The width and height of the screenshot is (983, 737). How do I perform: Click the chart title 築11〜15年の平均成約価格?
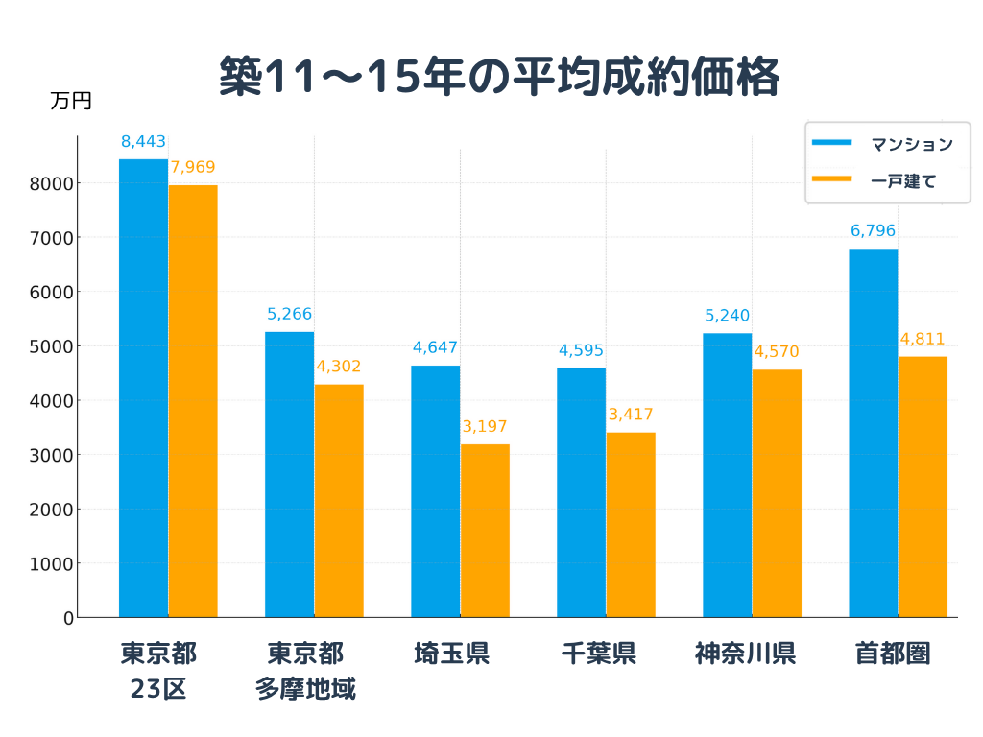click(498, 77)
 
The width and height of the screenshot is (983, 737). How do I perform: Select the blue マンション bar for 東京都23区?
click(143, 388)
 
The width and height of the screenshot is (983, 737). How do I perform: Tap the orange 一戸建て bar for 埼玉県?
click(485, 531)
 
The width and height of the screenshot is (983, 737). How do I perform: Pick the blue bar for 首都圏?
click(873, 433)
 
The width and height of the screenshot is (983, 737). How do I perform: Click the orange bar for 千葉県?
click(631, 525)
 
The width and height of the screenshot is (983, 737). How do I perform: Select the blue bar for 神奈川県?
click(727, 475)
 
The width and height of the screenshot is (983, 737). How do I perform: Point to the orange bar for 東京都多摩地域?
click(339, 501)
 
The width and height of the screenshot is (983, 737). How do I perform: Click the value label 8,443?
click(143, 142)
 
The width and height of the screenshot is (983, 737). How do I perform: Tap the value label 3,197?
click(485, 427)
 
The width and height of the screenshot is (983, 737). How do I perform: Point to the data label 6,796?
click(873, 231)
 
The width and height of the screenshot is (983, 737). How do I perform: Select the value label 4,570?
click(777, 352)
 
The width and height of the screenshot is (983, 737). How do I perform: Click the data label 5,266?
click(289, 314)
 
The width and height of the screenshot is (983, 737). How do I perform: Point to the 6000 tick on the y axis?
click(55, 292)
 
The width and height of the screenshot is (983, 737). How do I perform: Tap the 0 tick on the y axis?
click(68, 618)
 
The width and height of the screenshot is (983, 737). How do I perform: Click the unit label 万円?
click(71, 101)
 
